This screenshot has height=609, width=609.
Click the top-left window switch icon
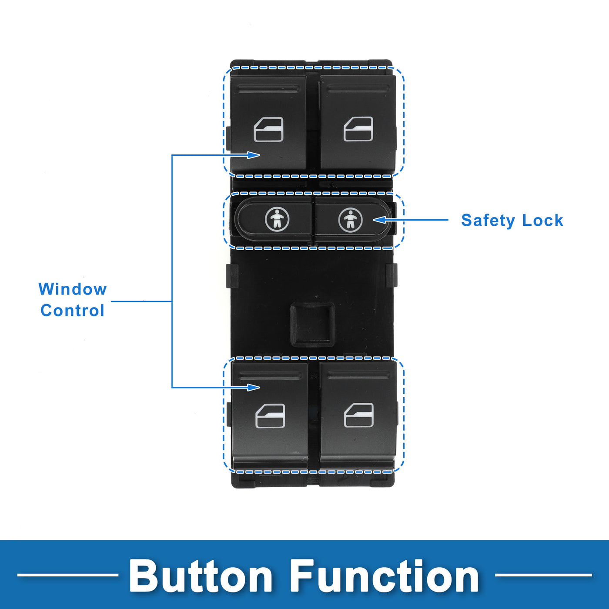click(x=268, y=130)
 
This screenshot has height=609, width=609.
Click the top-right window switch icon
click(x=358, y=129)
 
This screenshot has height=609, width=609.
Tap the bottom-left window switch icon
click(x=270, y=416)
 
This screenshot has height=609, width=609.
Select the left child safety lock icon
click(x=277, y=219)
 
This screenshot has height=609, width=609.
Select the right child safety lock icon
click(x=350, y=220)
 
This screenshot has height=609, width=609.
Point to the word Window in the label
click(x=73, y=289)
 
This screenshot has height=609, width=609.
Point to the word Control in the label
click(x=73, y=311)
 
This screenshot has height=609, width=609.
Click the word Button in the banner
click(x=201, y=576)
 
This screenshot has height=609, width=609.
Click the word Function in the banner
click(x=385, y=576)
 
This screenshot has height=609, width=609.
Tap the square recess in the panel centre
click(x=312, y=324)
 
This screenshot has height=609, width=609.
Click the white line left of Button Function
click(x=67, y=575)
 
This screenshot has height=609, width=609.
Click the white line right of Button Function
click(x=543, y=575)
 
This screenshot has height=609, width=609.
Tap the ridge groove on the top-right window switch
click(x=358, y=89)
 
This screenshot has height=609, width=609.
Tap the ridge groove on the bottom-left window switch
click(x=270, y=376)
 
